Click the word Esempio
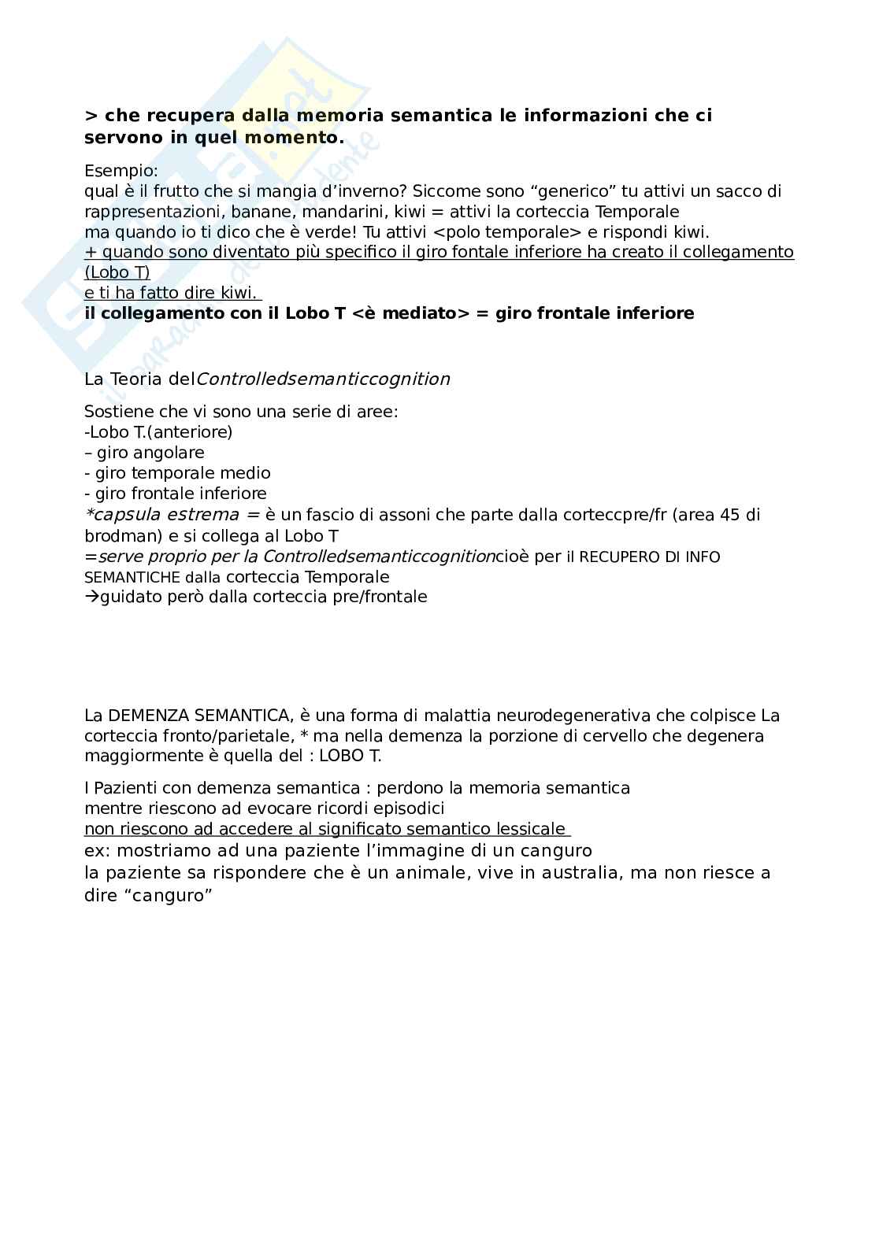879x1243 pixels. [x=121, y=170]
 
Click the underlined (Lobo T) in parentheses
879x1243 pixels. [x=117, y=272]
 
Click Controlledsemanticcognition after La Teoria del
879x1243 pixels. [x=323, y=379]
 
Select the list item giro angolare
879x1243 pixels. [x=150, y=453]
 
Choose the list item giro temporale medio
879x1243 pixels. [x=183, y=473]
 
